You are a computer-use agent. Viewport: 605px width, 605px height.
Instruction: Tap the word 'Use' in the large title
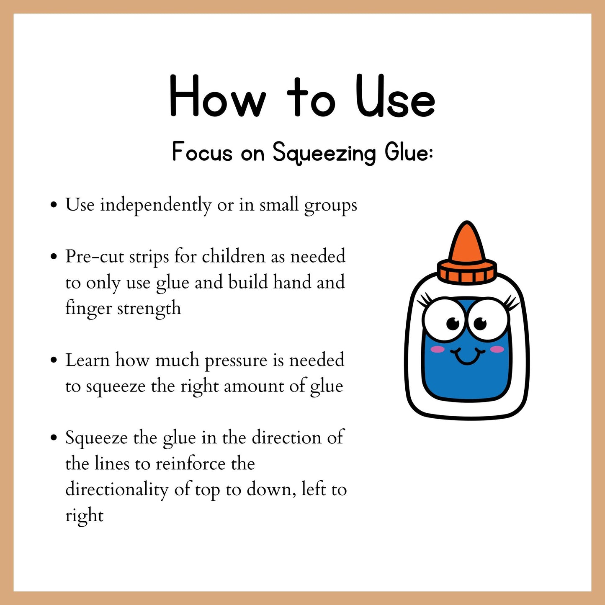(395, 96)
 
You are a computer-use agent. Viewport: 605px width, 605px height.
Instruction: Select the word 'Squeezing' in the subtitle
(324, 153)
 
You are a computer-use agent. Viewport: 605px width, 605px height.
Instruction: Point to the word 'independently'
(156, 206)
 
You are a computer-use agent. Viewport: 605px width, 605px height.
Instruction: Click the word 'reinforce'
(191, 463)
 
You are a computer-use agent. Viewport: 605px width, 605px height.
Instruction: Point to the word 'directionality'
(117, 490)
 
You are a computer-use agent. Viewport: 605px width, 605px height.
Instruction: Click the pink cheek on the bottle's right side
(497, 349)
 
